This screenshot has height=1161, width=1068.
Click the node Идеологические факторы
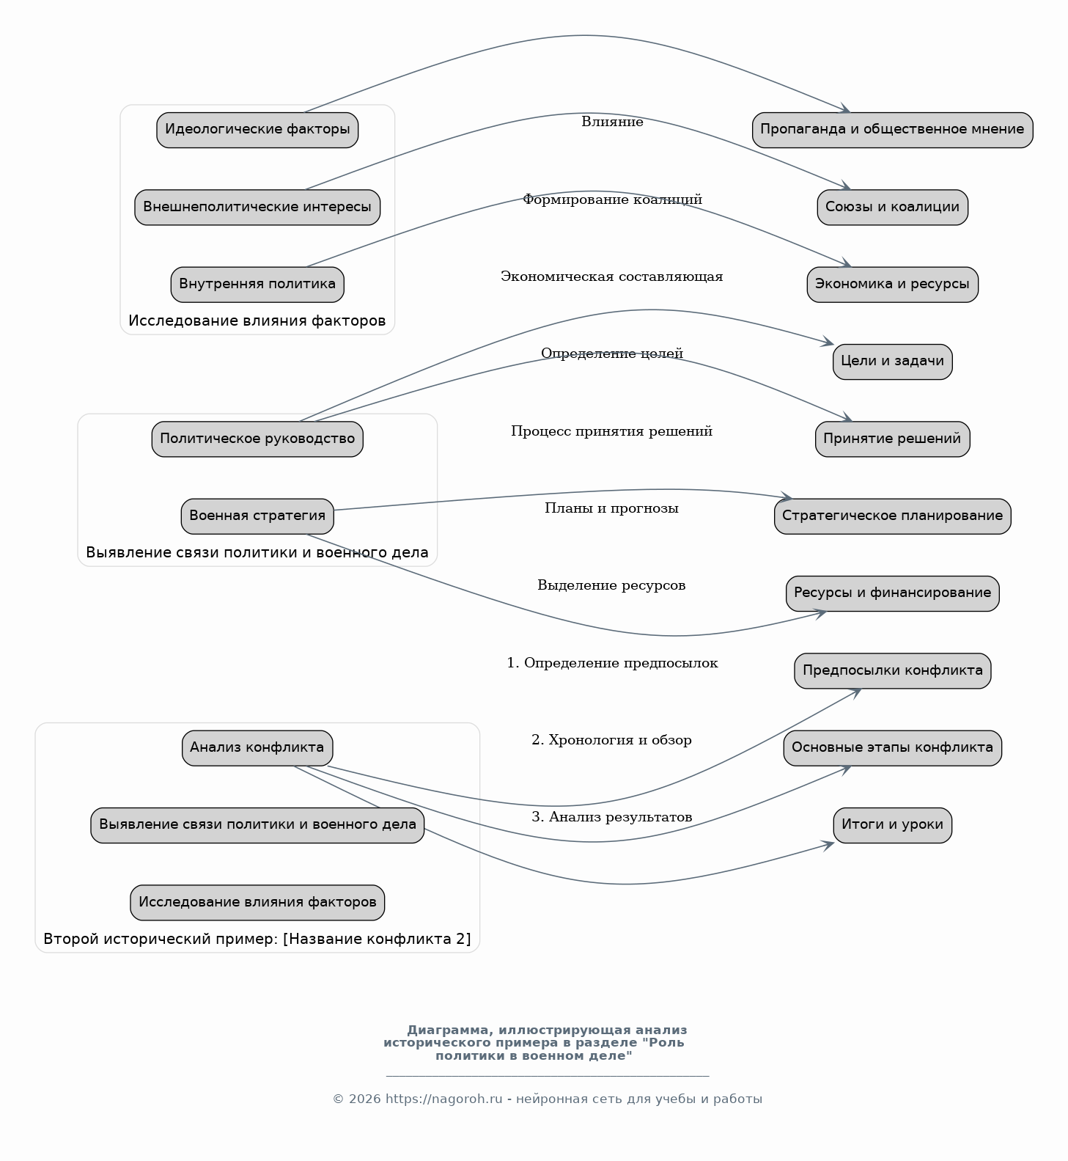(x=257, y=130)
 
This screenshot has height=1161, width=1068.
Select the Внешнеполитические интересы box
(x=257, y=207)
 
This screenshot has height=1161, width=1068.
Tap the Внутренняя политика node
(x=257, y=285)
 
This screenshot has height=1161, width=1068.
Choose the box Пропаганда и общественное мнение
(x=892, y=130)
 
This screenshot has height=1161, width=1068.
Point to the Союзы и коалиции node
(x=892, y=207)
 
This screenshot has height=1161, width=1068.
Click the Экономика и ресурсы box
(x=892, y=285)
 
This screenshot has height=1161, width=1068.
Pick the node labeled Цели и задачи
(x=892, y=362)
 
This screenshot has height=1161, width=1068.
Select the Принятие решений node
(x=892, y=439)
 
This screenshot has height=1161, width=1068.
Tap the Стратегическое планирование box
(x=892, y=516)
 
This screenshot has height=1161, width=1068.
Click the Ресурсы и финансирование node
(x=892, y=593)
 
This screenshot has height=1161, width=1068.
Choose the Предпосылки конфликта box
(x=892, y=671)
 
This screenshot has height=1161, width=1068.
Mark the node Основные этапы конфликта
(x=892, y=748)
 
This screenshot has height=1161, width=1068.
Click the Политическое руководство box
(x=257, y=439)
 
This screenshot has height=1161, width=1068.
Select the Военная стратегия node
(x=257, y=516)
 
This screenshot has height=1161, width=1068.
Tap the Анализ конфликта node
(x=257, y=748)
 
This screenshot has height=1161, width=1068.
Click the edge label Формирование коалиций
(x=612, y=199)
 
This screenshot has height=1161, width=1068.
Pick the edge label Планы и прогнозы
(x=611, y=508)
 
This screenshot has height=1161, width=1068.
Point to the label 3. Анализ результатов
(x=611, y=817)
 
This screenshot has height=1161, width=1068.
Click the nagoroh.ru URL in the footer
(x=444, y=1099)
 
